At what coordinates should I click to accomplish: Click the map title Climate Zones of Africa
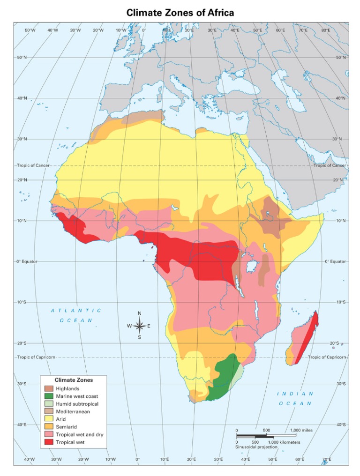tap(180, 13)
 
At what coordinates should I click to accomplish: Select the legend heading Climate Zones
tap(74, 380)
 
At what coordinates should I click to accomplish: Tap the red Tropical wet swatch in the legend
tap(49, 442)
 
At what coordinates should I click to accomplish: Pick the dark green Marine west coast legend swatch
tap(49, 396)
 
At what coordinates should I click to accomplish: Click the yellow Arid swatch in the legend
tap(49, 419)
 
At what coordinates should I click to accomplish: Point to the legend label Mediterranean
tap(73, 411)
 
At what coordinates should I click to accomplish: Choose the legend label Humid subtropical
tap(77, 403)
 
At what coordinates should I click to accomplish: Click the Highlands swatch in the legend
tap(49, 388)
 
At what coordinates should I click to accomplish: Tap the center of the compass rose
tap(139, 326)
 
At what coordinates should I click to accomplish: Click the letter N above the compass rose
tap(139, 314)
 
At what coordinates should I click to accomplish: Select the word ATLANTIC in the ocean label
tap(76, 310)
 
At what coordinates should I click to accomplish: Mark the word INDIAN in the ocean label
tap(295, 394)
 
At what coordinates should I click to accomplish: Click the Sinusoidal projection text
tap(256, 447)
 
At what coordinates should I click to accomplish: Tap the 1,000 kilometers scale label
tap(284, 442)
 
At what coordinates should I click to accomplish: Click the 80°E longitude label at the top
tap(325, 30)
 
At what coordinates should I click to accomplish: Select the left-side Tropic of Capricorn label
tap(36, 357)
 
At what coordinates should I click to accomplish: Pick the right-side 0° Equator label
tap(335, 261)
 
